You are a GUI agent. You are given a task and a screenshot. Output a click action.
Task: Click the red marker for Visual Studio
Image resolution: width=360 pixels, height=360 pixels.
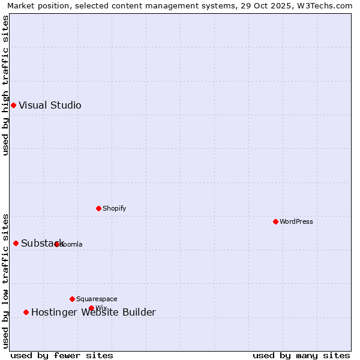[x=13, y=106]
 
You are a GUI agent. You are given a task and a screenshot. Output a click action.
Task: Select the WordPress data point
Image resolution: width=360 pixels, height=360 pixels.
[x=275, y=221]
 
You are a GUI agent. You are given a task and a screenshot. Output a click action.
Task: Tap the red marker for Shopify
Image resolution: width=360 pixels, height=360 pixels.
[x=98, y=208]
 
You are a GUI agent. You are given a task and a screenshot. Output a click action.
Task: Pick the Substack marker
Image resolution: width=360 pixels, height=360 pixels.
[x=16, y=243]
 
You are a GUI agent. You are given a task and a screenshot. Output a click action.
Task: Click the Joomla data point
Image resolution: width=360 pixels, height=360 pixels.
[x=56, y=244]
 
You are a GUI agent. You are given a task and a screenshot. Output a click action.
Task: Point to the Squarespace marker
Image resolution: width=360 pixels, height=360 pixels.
[x=72, y=299]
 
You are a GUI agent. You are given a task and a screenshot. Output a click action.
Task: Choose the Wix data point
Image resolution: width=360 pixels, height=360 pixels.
[x=91, y=308]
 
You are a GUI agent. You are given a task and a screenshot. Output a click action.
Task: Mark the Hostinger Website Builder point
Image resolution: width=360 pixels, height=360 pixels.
[x=26, y=312]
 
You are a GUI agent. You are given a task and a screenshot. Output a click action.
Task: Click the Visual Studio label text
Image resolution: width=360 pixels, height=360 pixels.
[x=50, y=106]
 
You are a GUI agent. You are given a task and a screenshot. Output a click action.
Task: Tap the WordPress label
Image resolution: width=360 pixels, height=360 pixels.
[x=296, y=221]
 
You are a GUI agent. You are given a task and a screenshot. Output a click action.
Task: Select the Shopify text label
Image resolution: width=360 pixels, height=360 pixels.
[x=115, y=208]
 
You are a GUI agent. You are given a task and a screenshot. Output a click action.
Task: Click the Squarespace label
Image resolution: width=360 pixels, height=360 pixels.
[x=97, y=299]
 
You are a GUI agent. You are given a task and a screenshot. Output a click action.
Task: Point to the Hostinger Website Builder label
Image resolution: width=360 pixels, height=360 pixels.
[x=94, y=312]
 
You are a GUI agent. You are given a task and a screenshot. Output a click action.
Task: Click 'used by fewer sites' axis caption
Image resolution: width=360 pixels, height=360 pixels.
[x=62, y=355]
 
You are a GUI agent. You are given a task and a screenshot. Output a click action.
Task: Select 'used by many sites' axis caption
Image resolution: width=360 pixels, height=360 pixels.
[x=301, y=355]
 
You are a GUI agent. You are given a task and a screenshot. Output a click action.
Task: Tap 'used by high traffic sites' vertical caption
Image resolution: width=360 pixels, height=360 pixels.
[x=5, y=85]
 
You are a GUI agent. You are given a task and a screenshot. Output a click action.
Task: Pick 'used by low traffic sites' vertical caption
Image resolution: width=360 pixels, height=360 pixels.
[x=5, y=280]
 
